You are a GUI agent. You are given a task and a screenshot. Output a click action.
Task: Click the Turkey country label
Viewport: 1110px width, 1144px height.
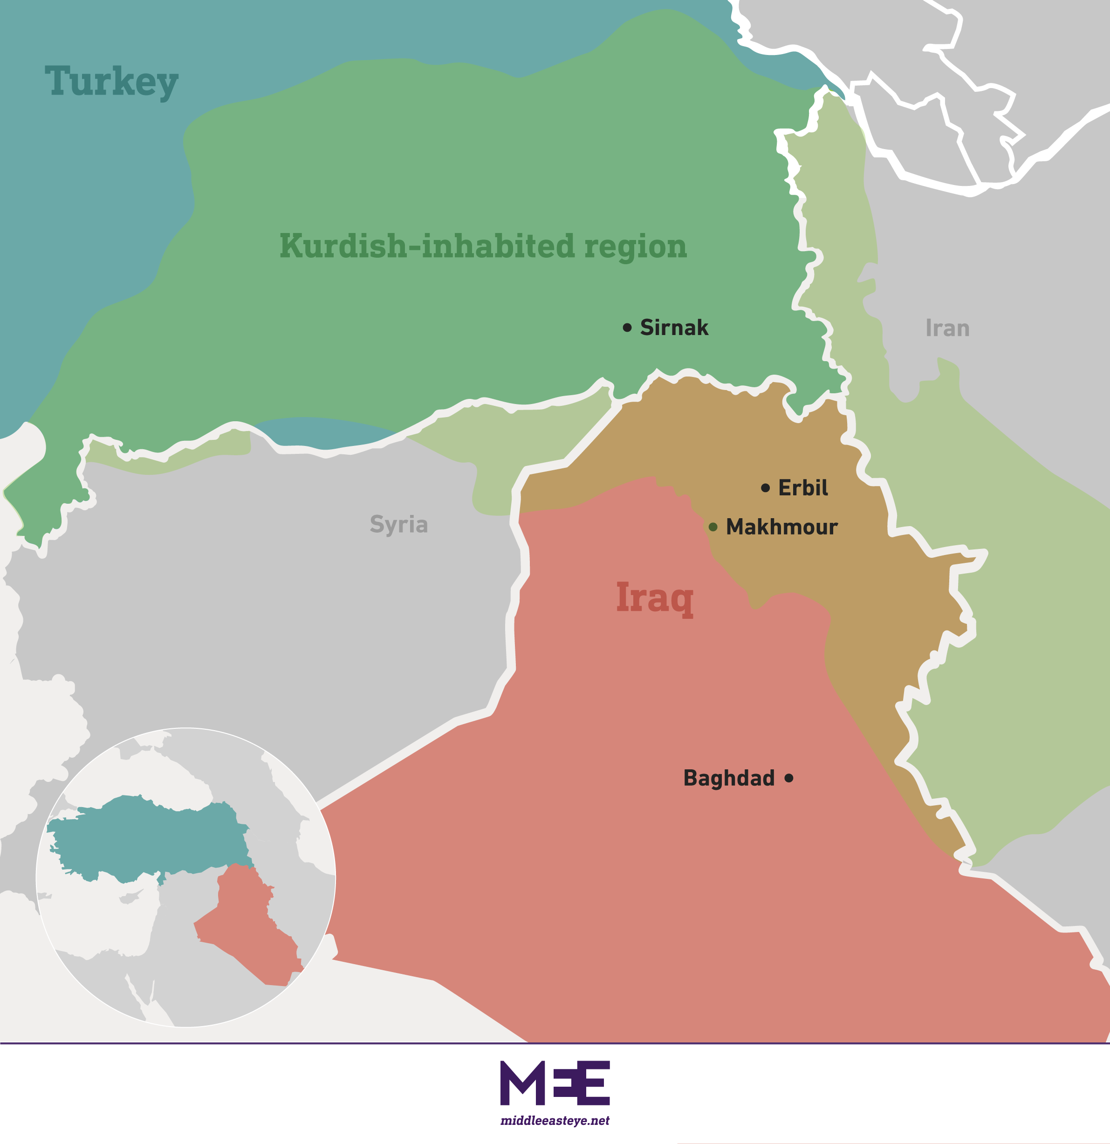pyautogui.click(x=111, y=81)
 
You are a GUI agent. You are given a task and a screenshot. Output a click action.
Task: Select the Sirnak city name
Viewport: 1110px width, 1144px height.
pyautogui.click(x=674, y=328)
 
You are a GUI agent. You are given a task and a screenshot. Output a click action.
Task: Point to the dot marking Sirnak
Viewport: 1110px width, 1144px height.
pyautogui.click(x=627, y=328)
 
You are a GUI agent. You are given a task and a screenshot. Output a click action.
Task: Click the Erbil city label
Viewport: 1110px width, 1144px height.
pyautogui.click(x=802, y=488)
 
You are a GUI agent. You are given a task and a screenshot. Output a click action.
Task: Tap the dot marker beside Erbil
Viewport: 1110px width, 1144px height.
pyautogui.click(x=766, y=488)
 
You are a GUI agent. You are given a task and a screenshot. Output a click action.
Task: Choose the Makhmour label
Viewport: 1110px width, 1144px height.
pyautogui.click(x=781, y=527)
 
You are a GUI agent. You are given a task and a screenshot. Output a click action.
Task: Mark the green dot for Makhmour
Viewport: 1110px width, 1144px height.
pyautogui.click(x=713, y=527)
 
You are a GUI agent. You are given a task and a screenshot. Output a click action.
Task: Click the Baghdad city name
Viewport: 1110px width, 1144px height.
pyautogui.click(x=729, y=778)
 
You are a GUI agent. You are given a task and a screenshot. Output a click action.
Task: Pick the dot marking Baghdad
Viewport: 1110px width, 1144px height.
pyautogui.click(x=789, y=778)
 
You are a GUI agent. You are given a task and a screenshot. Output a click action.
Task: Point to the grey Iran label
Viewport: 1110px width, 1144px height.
pyautogui.click(x=948, y=328)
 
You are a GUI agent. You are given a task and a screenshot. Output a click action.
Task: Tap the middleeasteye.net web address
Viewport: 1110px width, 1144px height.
pyautogui.click(x=555, y=1121)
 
